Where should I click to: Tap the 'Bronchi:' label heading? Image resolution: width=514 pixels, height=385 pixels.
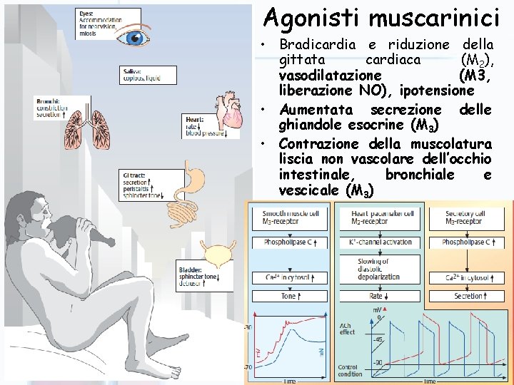click(x=49, y=101)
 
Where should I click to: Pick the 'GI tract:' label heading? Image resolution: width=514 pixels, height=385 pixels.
click(x=134, y=173)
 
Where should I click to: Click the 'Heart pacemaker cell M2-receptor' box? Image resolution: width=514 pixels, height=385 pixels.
click(x=383, y=217)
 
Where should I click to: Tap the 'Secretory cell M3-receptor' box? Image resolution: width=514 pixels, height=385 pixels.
click(x=472, y=217)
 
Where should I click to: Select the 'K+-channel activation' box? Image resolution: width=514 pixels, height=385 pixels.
click(x=383, y=242)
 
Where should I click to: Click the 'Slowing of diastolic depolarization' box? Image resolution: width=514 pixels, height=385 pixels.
click(x=383, y=269)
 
